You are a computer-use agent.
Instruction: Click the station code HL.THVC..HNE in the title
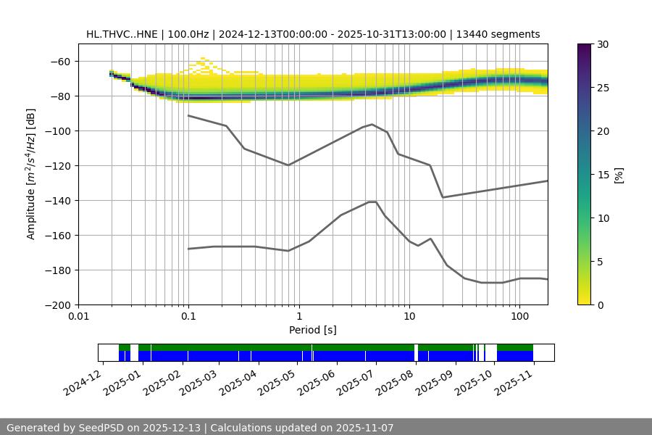pyautogui.click(x=120, y=34)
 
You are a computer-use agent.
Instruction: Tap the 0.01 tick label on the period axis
pyautogui.click(x=78, y=317)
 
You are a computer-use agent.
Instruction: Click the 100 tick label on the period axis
pyautogui.click(x=519, y=317)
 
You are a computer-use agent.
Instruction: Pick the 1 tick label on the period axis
pyautogui.click(x=298, y=317)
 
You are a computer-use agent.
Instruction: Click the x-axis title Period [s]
pyautogui.click(x=313, y=330)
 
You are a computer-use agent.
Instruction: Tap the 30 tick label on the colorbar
pyautogui.click(x=603, y=44)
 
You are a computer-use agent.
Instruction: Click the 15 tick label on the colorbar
pyautogui.click(x=603, y=175)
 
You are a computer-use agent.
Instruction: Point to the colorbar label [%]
pyautogui.click(x=619, y=175)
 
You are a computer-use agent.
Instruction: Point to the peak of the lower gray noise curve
pyautogui.click(x=372, y=202)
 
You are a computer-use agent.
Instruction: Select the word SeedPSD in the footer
pyautogui.click(x=104, y=428)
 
